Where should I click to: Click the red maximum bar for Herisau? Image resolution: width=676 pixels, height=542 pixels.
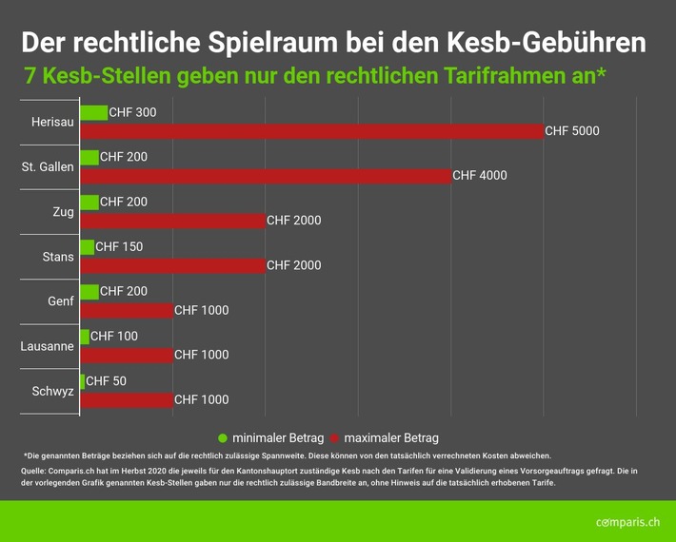click(x=311, y=131)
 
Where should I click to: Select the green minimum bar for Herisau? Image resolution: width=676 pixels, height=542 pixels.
click(x=94, y=113)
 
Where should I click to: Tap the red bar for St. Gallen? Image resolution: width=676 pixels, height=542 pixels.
click(x=266, y=176)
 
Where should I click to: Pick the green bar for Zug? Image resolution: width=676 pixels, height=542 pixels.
click(x=89, y=203)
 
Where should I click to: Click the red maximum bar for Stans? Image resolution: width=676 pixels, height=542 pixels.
click(x=173, y=265)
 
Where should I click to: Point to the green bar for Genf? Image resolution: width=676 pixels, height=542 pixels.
click(x=89, y=292)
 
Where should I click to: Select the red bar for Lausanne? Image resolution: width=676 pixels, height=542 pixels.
click(x=127, y=355)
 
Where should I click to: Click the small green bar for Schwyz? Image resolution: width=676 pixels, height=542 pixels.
click(x=83, y=381)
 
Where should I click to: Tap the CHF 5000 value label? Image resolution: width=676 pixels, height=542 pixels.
click(x=572, y=131)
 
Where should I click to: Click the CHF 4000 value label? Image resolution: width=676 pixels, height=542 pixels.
click(x=480, y=176)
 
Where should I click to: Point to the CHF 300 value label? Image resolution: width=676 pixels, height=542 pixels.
click(x=133, y=113)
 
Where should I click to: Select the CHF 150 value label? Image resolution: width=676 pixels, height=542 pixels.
click(x=119, y=247)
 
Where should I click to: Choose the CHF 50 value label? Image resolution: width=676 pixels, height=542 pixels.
click(x=107, y=381)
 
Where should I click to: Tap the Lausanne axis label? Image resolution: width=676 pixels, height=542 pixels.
click(x=47, y=346)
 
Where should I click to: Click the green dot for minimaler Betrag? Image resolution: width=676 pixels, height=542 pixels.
click(x=223, y=438)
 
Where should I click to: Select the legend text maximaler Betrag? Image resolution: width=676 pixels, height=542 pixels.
click(x=391, y=438)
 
